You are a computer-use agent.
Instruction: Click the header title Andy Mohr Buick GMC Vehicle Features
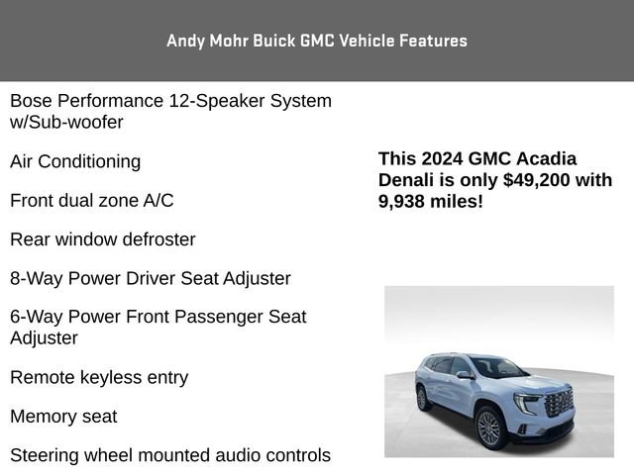point(317,41)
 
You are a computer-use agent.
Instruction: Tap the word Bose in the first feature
point(31,101)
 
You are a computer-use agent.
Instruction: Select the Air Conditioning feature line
point(75,161)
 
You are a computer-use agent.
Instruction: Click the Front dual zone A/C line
point(91,200)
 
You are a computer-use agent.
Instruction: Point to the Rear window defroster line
point(103,239)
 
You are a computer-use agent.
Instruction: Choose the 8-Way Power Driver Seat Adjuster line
point(151,278)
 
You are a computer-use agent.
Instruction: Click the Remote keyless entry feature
point(99,377)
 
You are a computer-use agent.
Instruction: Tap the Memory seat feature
point(63,417)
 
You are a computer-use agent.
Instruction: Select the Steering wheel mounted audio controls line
point(170,455)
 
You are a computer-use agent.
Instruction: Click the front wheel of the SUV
point(489,427)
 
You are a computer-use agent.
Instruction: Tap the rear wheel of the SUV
point(424,399)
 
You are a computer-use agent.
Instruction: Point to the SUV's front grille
point(559,402)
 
